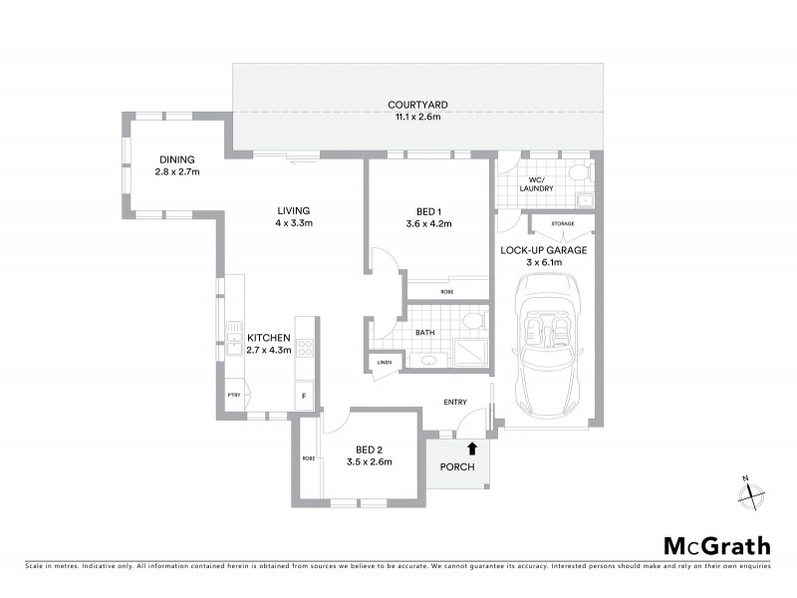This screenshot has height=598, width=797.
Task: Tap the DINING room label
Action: pyautogui.click(x=177, y=159)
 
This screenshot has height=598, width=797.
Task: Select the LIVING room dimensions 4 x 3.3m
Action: pyautogui.click(x=294, y=223)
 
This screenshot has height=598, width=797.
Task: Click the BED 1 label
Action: pyautogui.click(x=429, y=210)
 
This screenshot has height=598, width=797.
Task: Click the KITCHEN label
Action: pyautogui.click(x=268, y=337)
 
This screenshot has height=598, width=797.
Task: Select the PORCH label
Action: pyautogui.click(x=457, y=467)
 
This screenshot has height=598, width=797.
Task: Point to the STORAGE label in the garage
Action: pyautogui.click(x=562, y=223)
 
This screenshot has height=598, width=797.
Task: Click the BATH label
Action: pyautogui.click(x=425, y=333)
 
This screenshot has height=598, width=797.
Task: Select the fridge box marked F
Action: pyautogui.click(x=304, y=397)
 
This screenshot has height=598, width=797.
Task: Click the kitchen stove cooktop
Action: pyautogui.click(x=306, y=349)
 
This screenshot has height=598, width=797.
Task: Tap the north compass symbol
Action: pyautogui.click(x=752, y=492)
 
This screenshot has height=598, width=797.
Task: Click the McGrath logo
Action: pyautogui.click(x=717, y=545)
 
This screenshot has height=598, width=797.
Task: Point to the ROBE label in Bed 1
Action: pyautogui.click(x=446, y=290)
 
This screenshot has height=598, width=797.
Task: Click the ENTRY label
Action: pyautogui.click(x=455, y=402)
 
